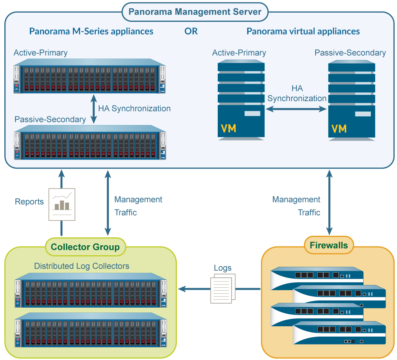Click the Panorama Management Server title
click(195, 12)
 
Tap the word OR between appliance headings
click(191, 31)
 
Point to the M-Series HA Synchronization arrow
click(94, 108)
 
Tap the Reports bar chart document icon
click(61, 204)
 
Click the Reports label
click(29, 202)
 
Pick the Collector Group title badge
click(85, 247)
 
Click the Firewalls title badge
click(328, 245)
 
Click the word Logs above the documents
click(222, 268)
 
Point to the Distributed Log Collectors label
click(82, 266)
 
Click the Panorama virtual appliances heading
click(303, 31)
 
